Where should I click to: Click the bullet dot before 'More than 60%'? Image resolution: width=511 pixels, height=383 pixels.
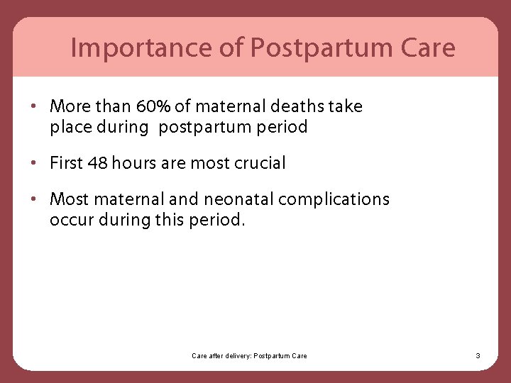pyautogui.click(x=34, y=107)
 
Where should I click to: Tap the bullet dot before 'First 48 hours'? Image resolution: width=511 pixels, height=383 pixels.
pyautogui.click(x=34, y=163)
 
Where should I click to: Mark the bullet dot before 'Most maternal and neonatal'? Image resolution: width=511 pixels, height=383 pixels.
pyautogui.click(x=34, y=199)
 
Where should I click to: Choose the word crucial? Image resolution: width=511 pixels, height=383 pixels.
pyautogui.click(x=260, y=163)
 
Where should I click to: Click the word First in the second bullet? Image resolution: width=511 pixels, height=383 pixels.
pyautogui.click(x=65, y=163)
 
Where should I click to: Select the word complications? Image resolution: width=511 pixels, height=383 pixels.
pyautogui.click(x=334, y=199)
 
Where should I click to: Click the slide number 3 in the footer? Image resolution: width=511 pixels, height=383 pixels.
pyautogui.click(x=478, y=355)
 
